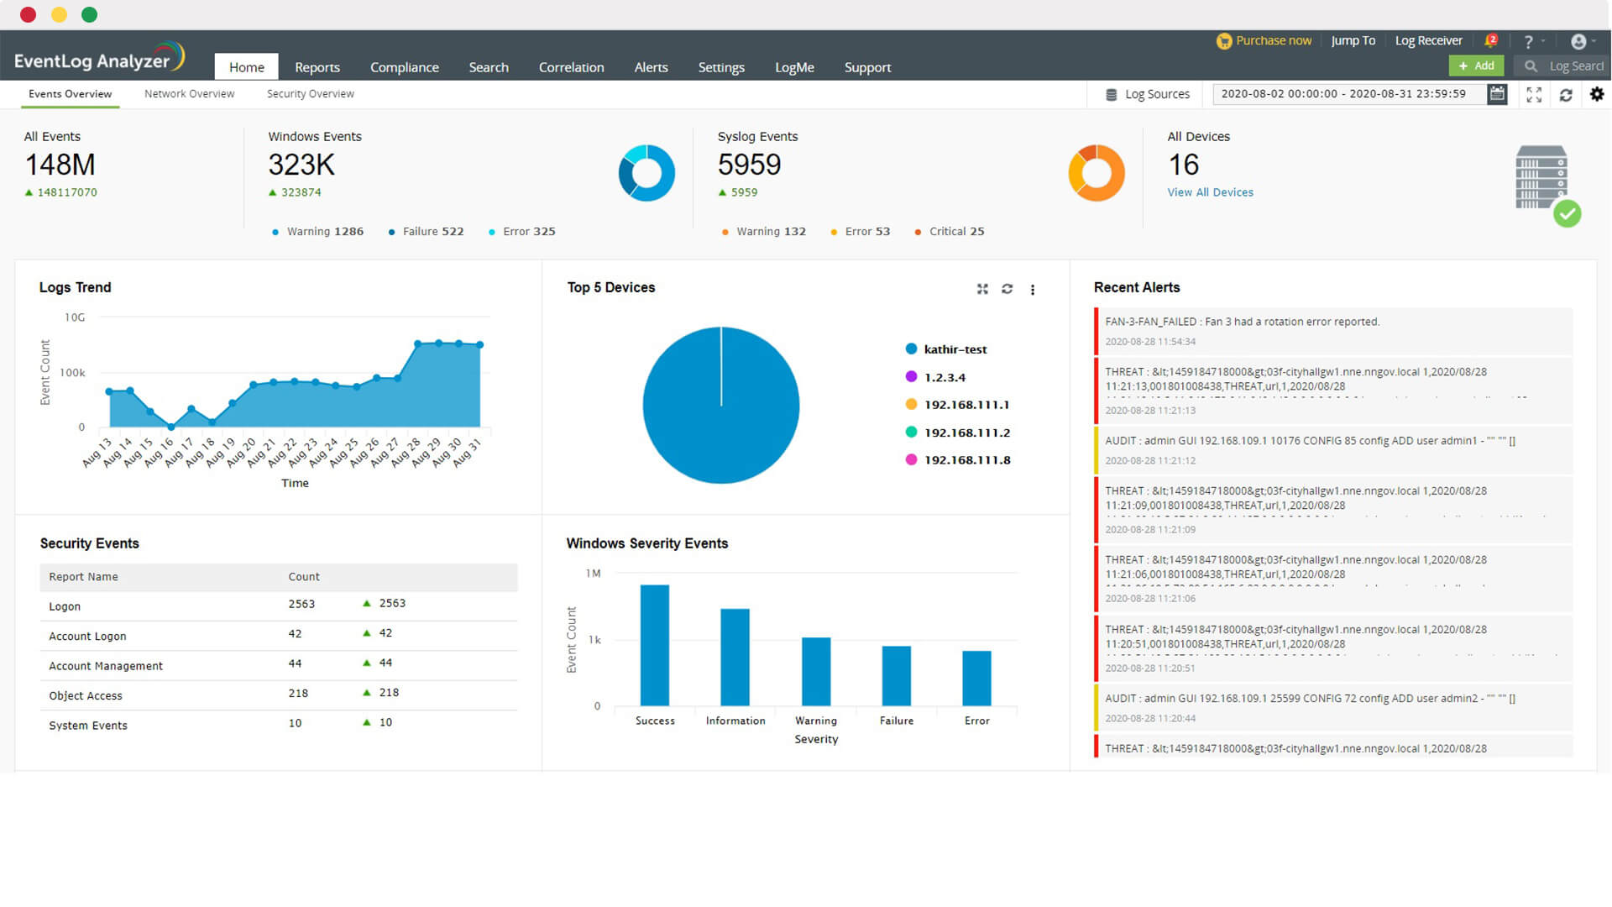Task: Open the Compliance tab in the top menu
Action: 404,67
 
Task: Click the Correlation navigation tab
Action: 571,67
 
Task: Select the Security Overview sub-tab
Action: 310,94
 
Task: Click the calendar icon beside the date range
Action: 1496,94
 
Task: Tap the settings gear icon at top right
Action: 1597,95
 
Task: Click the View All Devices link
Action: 1210,192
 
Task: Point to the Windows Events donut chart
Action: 646,173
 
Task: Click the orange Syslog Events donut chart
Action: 1096,173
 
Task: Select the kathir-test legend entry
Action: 955,349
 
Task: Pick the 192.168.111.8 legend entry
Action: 966,460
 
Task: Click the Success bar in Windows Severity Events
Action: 655,645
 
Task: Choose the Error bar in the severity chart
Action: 976,678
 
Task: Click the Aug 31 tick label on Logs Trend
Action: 467,452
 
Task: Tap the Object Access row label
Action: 86,695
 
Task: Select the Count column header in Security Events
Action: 304,577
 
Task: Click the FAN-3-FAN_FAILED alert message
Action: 1242,322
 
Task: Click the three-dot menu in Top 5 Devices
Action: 1033,290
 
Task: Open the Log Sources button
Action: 1148,94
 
